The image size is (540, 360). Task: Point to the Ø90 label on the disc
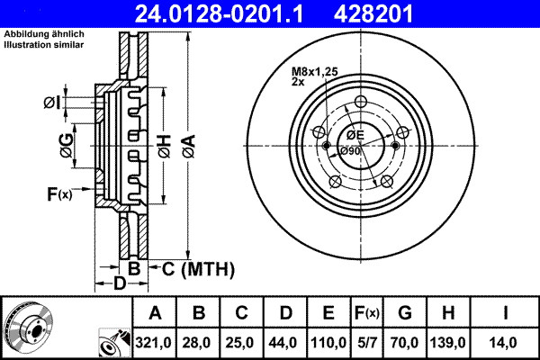[351, 150]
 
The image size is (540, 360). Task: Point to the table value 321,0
[156, 341]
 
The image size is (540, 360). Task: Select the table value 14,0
[508, 341]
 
